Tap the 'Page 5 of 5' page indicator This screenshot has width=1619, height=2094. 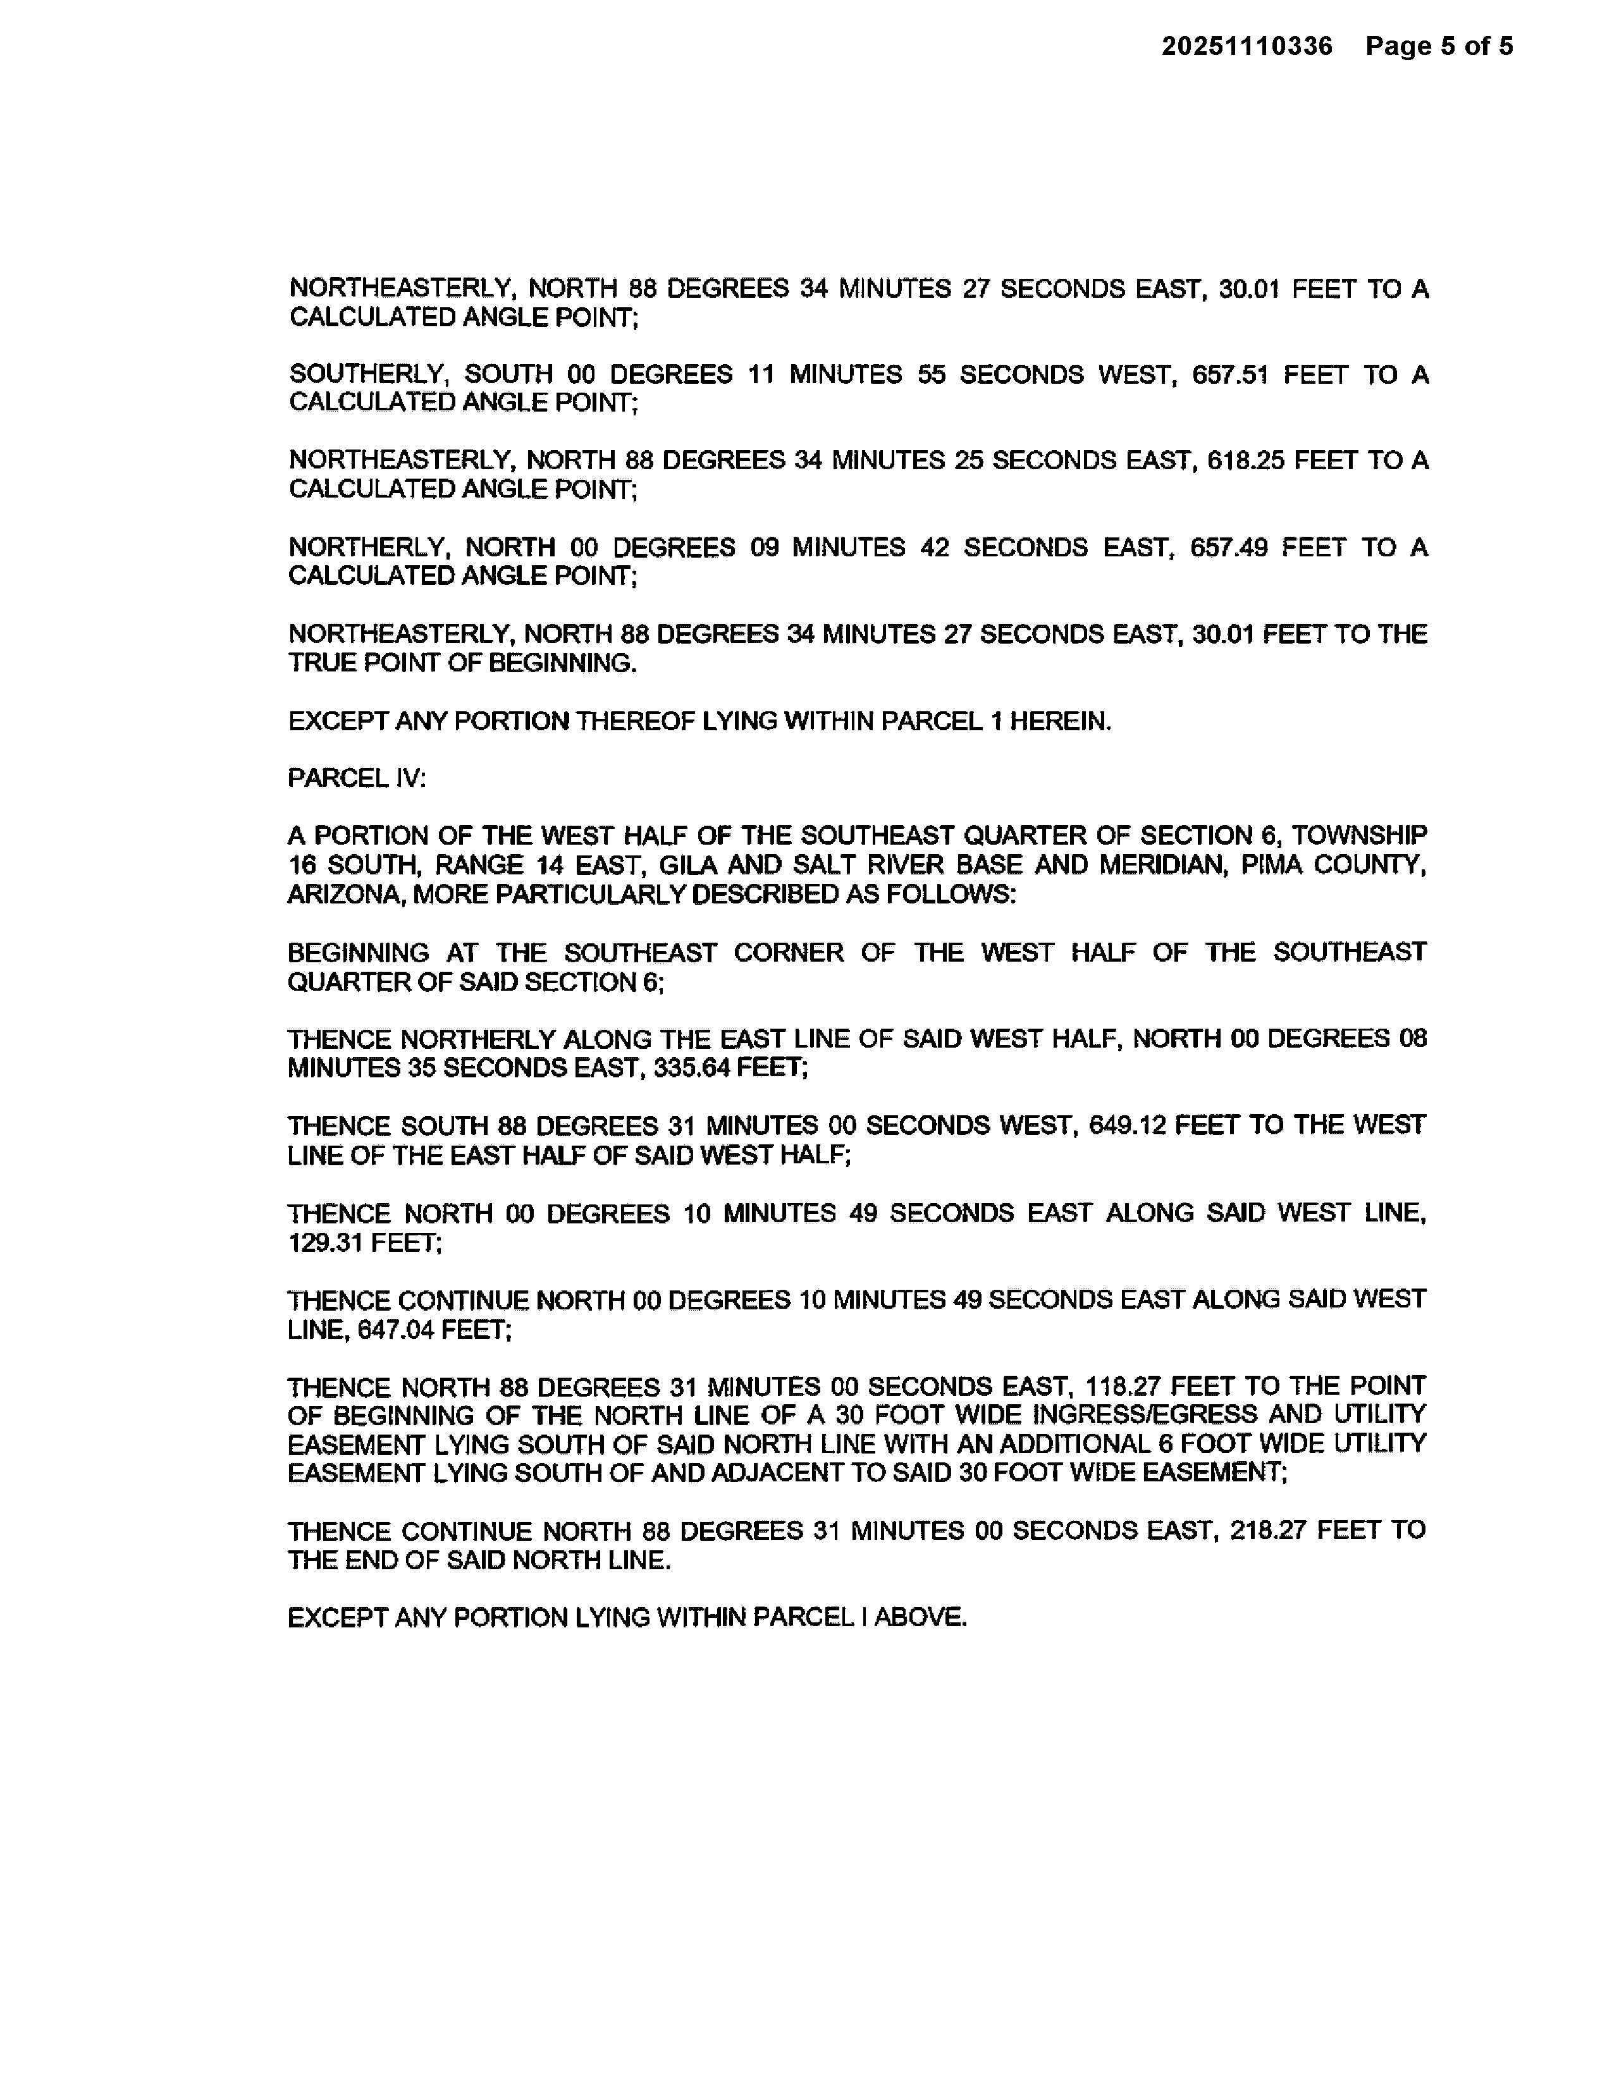click(1439, 46)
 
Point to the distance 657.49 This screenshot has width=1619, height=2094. click(1229, 548)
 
